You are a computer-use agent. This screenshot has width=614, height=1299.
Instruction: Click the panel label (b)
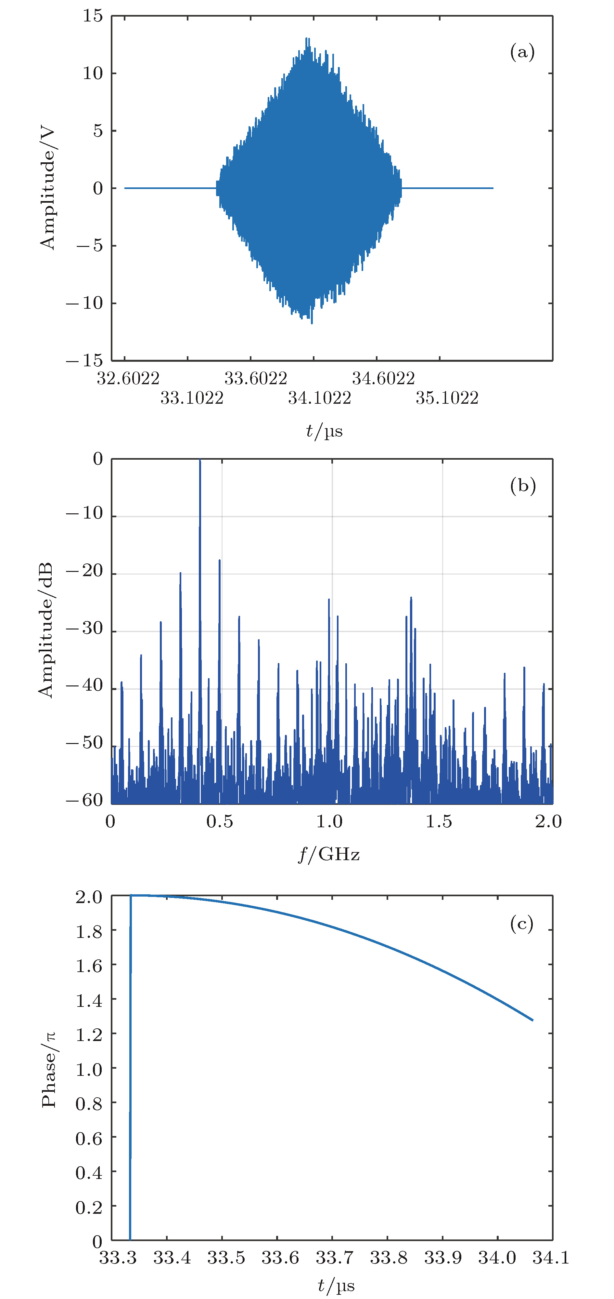[522, 486]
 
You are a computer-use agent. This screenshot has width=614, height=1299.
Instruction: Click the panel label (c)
[521, 924]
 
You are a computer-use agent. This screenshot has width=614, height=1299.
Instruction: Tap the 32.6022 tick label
[128, 378]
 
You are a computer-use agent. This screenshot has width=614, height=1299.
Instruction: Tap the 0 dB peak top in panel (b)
[200, 460]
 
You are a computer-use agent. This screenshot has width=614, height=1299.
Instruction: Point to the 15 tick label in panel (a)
[93, 16]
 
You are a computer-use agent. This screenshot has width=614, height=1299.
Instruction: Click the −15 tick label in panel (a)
[84, 360]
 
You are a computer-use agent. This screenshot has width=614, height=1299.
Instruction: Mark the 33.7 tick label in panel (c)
[334, 1258]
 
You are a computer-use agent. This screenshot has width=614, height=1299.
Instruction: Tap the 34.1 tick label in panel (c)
[551, 1258]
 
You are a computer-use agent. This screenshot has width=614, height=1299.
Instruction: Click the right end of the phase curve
[532, 1020]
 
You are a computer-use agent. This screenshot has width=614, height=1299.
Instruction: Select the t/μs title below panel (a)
[324, 431]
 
